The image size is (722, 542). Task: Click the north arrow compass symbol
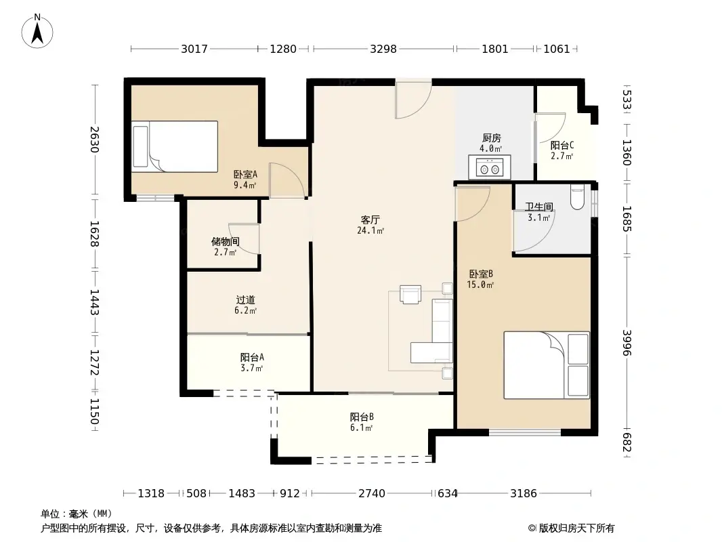[37, 31]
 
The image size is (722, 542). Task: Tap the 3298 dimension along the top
[383, 49]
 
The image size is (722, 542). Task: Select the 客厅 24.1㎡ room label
[370, 225]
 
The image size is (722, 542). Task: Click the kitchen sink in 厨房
[490, 167]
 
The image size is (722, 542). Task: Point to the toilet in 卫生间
[577, 197]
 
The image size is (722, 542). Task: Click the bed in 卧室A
[175, 147]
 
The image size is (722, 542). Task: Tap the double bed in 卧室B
[547, 365]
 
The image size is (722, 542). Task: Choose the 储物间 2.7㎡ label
[225, 247]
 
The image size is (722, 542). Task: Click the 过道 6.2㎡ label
[245, 305]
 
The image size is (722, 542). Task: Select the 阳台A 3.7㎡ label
[252, 362]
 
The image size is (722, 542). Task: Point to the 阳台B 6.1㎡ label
[362, 422]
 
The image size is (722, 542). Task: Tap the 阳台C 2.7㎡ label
[561, 150]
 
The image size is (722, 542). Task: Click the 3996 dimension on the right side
[627, 343]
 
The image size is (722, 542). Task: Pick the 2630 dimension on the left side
[94, 140]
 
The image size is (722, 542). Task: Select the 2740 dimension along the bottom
[372, 494]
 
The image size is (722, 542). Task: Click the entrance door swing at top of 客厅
[413, 100]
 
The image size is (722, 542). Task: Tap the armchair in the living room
[410, 295]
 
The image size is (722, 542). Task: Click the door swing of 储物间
[244, 238]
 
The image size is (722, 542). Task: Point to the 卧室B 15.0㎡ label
[480, 279]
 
